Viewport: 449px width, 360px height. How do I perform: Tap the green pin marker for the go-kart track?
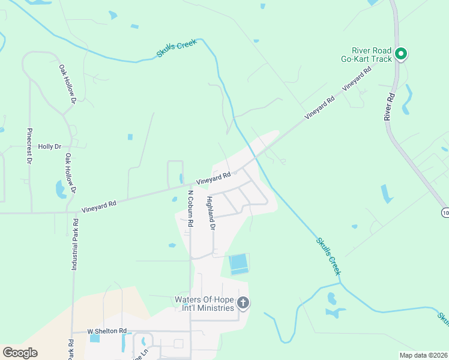tap(402, 54)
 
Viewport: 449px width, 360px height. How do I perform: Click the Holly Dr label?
tap(50, 146)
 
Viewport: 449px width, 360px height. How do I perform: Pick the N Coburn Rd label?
tap(190, 208)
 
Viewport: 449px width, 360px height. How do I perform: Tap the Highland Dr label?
tap(211, 213)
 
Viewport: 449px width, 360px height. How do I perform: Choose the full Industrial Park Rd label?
tap(75, 244)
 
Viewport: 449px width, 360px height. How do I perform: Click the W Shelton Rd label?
tap(107, 331)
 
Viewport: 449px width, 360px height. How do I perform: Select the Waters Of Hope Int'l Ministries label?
tap(203, 304)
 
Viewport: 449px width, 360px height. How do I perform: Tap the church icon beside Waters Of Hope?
tap(243, 302)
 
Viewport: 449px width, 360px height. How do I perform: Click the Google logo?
tap(20, 353)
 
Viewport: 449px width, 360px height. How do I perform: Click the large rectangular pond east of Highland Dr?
tap(238, 263)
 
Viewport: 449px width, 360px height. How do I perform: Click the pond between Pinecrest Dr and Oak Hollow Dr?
tap(61, 190)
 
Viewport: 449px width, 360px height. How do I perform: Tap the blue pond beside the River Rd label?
tap(408, 99)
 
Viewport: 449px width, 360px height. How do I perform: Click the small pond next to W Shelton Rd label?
tap(95, 338)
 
